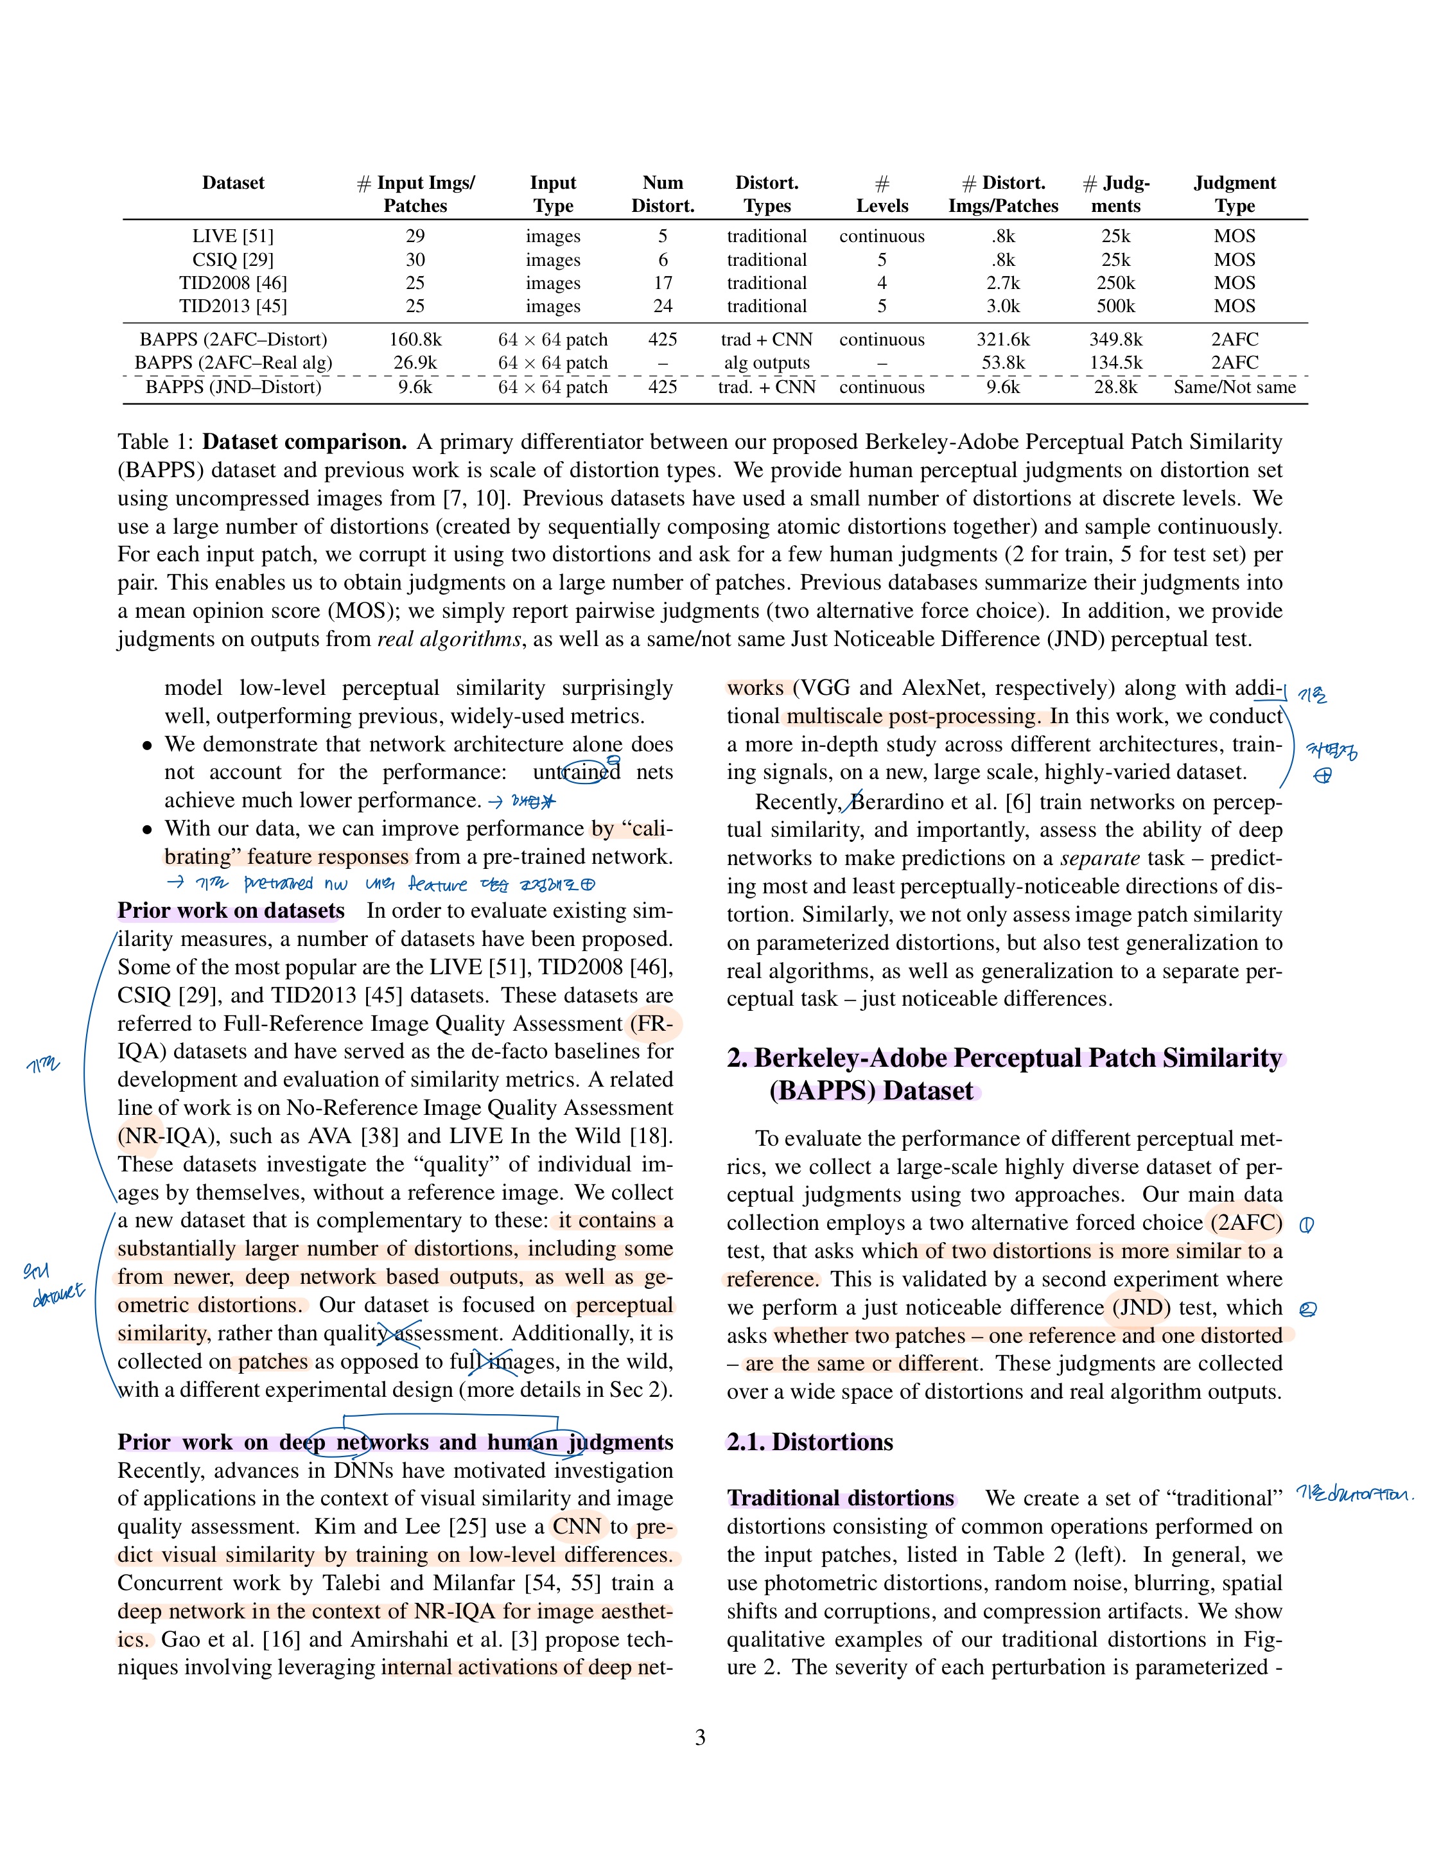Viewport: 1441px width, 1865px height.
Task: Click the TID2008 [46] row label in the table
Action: pos(232,283)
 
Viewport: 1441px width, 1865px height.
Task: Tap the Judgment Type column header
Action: pos(1234,194)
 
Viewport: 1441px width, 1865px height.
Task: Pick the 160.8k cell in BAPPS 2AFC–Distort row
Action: pos(415,339)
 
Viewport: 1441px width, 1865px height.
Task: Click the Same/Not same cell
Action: pos(1234,387)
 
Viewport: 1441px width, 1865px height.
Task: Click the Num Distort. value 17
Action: pos(663,283)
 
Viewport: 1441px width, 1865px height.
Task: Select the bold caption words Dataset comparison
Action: pos(304,441)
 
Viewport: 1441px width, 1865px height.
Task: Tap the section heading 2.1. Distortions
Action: pos(809,1442)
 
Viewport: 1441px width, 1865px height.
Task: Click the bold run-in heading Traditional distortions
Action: pos(840,1499)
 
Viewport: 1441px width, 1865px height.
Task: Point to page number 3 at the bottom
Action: pos(700,1738)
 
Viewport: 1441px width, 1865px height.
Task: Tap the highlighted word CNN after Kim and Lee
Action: pos(577,1527)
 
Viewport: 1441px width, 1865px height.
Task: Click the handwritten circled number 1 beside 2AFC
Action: pos(1306,1225)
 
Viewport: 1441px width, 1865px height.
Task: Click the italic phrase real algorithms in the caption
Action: pos(448,640)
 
